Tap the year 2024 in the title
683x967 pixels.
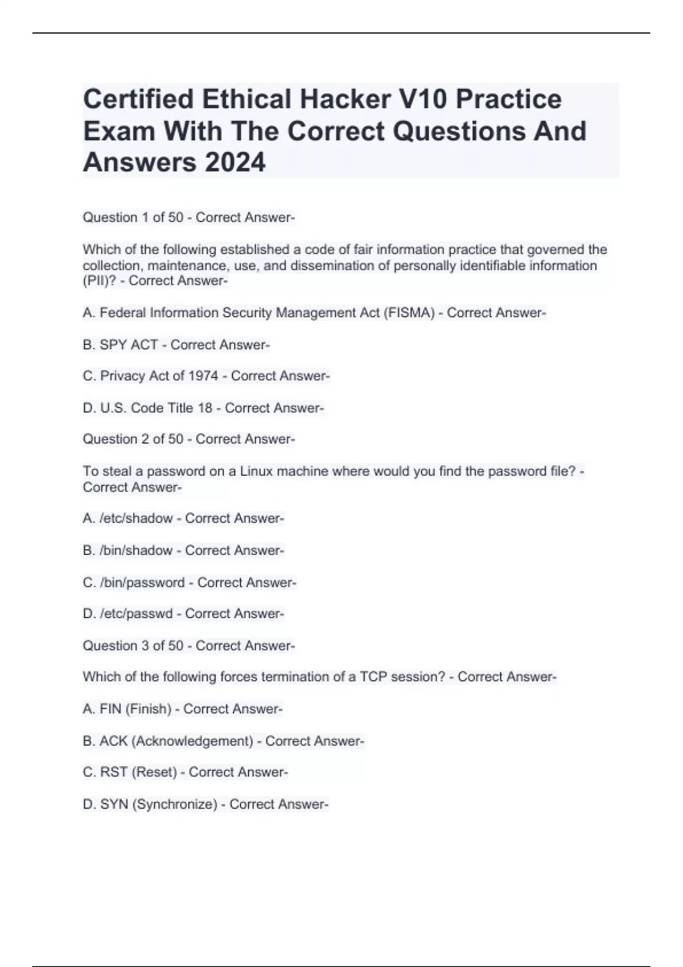[x=234, y=163]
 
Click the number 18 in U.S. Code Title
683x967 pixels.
[x=205, y=408]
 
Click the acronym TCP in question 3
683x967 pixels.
[x=373, y=677]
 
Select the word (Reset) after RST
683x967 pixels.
[x=154, y=772]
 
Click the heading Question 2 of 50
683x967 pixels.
[x=133, y=439]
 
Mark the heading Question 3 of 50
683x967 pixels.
[x=133, y=646]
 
